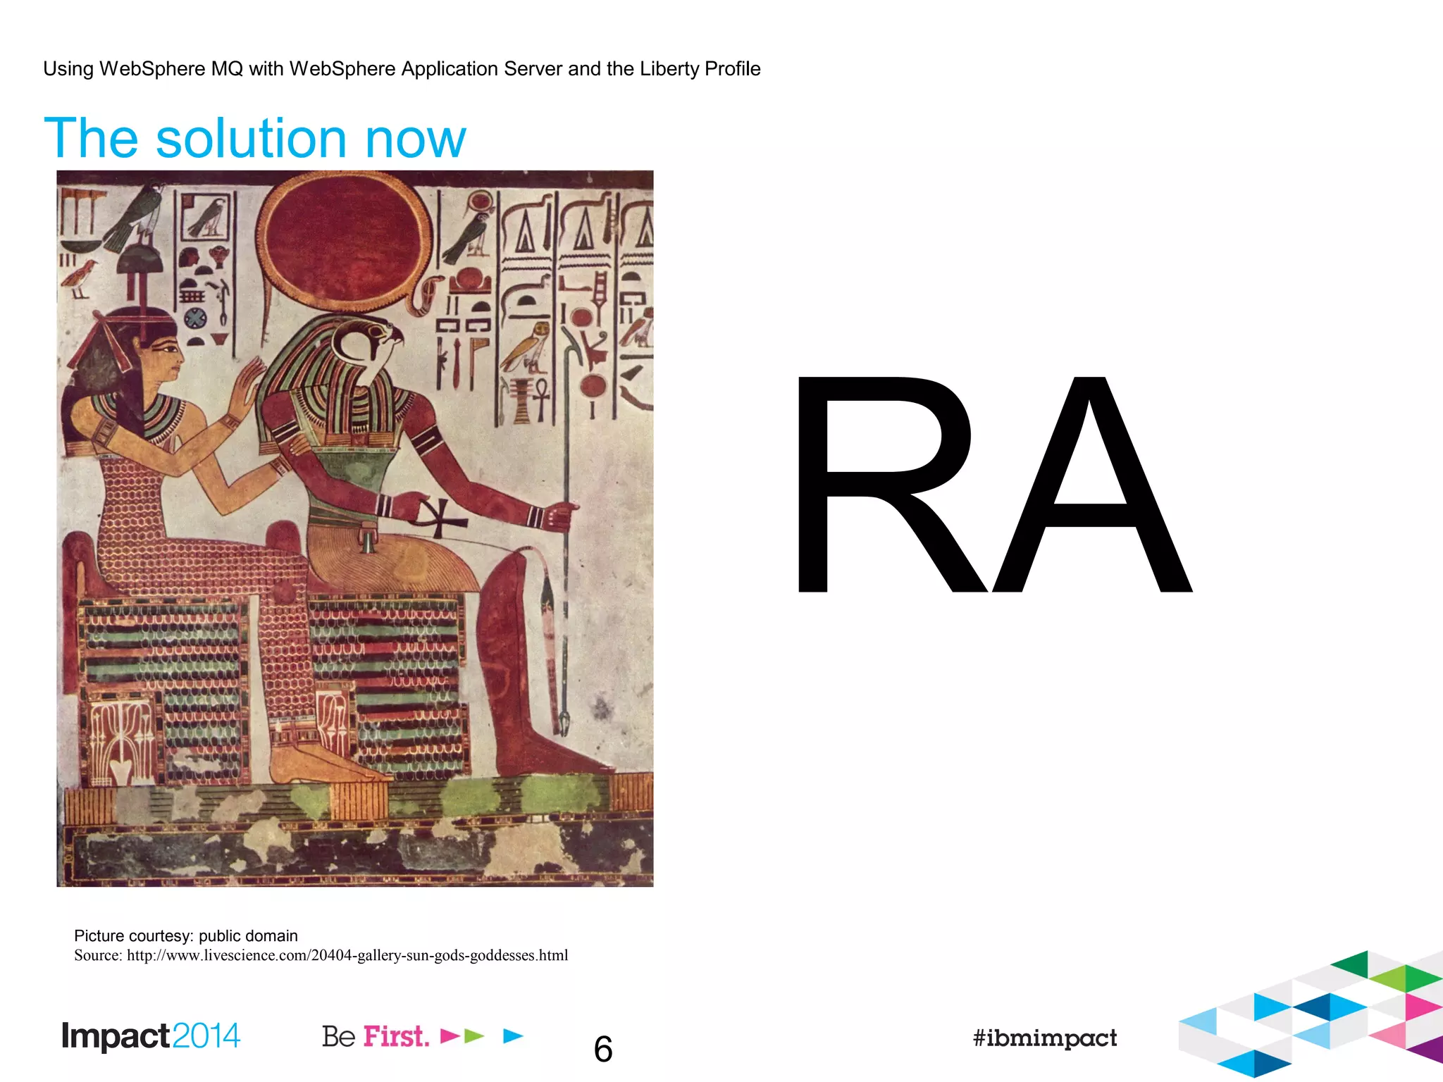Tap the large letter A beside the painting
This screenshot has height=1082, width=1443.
(x=1089, y=486)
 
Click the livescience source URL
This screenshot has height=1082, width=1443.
(x=347, y=956)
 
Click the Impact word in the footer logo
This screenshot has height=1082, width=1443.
(x=116, y=1036)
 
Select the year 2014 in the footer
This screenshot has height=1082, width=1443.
(x=206, y=1036)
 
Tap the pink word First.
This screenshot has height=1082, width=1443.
(x=396, y=1037)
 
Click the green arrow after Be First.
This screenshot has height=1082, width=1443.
(x=475, y=1036)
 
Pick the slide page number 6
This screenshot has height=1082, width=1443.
(x=603, y=1050)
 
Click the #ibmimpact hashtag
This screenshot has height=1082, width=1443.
(x=1044, y=1038)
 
